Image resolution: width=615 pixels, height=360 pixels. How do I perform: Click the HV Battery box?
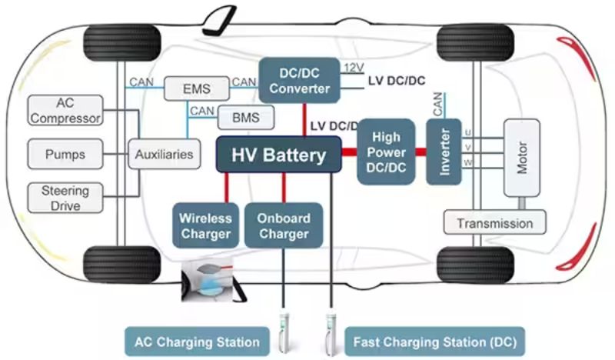(x=279, y=155)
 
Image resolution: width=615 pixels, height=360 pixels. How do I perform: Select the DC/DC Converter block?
(x=300, y=80)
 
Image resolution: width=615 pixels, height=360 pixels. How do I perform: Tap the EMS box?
(x=197, y=88)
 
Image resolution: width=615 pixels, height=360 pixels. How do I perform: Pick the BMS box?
(x=245, y=118)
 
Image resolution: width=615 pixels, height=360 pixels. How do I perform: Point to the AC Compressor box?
(x=65, y=111)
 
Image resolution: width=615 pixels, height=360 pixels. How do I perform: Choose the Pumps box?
(x=65, y=154)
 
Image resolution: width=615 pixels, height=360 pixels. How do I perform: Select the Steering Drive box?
(x=65, y=197)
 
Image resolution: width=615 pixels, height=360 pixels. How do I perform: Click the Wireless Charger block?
(x=205, y=225)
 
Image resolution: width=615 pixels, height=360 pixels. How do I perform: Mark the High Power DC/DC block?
(x=385, y=152)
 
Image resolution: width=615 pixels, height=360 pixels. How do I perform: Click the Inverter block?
(x=444, y=152)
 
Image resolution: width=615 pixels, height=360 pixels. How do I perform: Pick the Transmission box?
(x=494, y=223)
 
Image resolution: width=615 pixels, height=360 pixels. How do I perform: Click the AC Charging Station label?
(x=198, y=340)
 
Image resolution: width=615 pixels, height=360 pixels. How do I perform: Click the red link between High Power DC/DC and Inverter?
(x=420, y=152)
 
